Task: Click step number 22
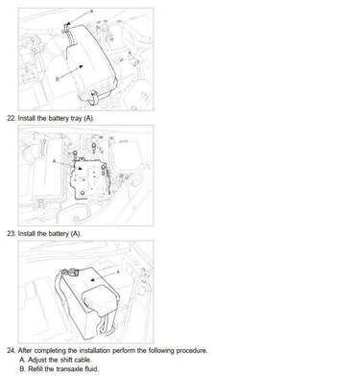(x=12, y=118)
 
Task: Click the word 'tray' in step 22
(x=76, y=119)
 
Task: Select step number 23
(x=12, y=234)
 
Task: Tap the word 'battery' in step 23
(x=59, y=234)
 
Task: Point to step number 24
(x=12, y=351)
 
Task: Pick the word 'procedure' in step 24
(x=191, y=351)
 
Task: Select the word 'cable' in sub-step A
(x=83, y=360)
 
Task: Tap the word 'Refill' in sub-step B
(x=36, y=369)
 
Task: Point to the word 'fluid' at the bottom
(x=91, y=369)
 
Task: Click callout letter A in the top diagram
(x=91, y=12)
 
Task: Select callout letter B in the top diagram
(x=58, y=79)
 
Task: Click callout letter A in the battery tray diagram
(x=54, y=161)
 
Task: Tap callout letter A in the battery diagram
(x=118, y=271)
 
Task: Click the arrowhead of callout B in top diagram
(x=82, y=66)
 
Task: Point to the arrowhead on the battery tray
(x=81, y=168)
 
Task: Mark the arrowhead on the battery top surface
(x=92, y=279)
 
